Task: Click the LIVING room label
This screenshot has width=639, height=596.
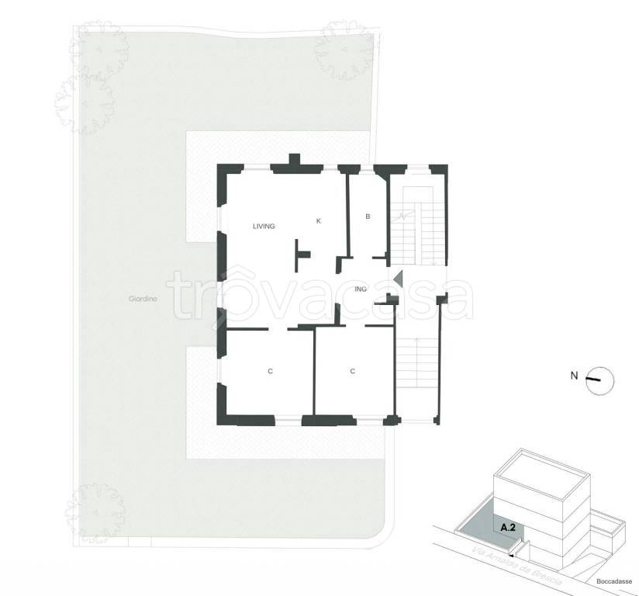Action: click(x=264, y=226)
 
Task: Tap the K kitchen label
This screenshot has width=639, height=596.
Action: click(x=319, y=220)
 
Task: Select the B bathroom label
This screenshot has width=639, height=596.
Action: click(x=368, y=217)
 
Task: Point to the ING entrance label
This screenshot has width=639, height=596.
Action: click(x=361, y=289)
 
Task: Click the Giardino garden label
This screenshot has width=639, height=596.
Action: click(x=143, y=299)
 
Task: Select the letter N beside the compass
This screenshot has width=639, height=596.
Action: click(x=574, y=376)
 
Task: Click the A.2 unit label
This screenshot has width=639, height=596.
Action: click(x=508, y=528)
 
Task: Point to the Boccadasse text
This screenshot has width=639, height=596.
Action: click(x=614, y=581)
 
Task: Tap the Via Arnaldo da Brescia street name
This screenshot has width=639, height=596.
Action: click(x=517, y=568)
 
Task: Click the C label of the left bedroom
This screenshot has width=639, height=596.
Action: click(x=270, y=371)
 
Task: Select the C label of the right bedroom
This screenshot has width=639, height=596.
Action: click(x=353, y=371)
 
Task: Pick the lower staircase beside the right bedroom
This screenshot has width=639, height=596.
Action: click(x=416, y=363)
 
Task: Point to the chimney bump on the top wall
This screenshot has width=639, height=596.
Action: click(x=294, y=159)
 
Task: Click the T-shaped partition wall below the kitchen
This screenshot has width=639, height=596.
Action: click(x=302, y=255)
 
